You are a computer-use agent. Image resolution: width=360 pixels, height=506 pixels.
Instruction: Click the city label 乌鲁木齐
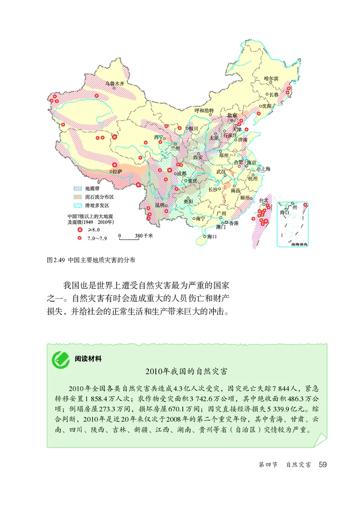[114, 83]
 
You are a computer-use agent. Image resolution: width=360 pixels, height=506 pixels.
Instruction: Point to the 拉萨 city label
[117, 172]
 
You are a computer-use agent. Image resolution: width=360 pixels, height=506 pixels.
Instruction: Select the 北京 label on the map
[232, 115]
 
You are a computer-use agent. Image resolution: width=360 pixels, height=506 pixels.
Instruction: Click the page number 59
[322, 465]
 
